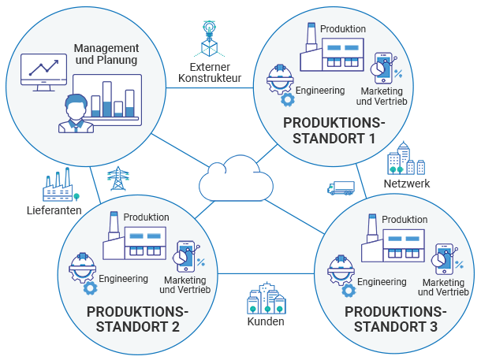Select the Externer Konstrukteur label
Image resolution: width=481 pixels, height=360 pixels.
pos(210,72)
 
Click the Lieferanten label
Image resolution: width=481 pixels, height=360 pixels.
pos(54,211)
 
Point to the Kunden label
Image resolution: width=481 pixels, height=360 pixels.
pos(266,321)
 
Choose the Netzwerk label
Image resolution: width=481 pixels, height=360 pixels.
pos(407,184)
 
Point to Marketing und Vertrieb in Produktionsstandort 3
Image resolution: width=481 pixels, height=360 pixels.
pos(446,287)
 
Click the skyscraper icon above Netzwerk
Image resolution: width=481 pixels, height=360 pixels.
pos(405,159)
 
